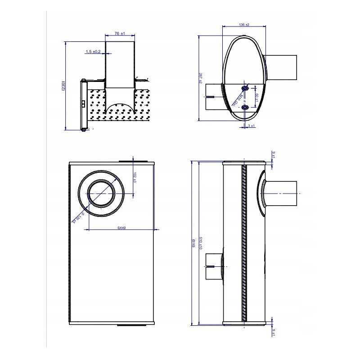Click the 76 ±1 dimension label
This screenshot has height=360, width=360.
(119, 33)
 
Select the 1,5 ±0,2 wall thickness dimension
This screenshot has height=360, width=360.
(93, 52)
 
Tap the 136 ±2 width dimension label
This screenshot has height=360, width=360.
(244, 25)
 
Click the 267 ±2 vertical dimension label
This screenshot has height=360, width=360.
(200, 79)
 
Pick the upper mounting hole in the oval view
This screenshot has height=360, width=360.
(245, 87)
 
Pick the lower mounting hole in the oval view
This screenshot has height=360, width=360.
(245, 108)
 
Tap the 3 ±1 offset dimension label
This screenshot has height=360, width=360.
(251, 126)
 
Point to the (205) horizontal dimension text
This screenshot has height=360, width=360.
(121, 228)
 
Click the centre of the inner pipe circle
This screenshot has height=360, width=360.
(102, 194)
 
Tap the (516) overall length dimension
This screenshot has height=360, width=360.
(193, 243)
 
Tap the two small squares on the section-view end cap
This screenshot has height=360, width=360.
(84, 104)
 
